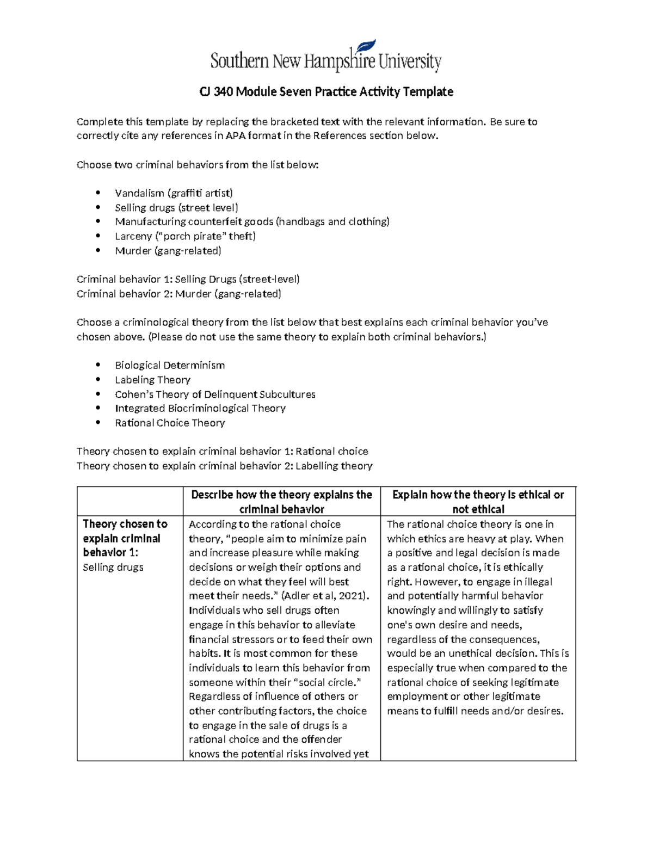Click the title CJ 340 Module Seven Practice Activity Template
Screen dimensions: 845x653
tap(326, 92)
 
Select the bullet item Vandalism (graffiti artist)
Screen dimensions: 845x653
tap(174, 193)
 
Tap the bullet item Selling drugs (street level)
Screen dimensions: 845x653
tap(176, 207)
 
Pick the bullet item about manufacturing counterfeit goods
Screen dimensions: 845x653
tap(252, 221)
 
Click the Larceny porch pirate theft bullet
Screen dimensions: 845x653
tap(185, 236)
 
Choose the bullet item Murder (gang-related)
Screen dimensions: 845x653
tap(168, 251)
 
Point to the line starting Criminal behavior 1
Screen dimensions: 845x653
tap(188, 280)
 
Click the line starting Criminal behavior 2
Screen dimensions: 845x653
tap(179, 294)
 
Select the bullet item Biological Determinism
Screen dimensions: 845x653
tap(170, 366)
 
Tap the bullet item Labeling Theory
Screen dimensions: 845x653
tap(152, 380)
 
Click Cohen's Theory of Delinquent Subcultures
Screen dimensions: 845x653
tap(215, 394)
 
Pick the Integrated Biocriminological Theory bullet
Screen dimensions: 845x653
tap(200, 408)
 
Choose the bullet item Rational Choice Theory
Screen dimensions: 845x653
tap(170, 423)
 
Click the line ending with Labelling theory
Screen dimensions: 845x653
tap(224, 466)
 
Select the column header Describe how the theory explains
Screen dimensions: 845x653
tap(281, 502)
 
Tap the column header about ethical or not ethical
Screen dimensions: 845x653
tap(478, 502)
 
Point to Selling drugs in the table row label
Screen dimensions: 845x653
tap(113, 568)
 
